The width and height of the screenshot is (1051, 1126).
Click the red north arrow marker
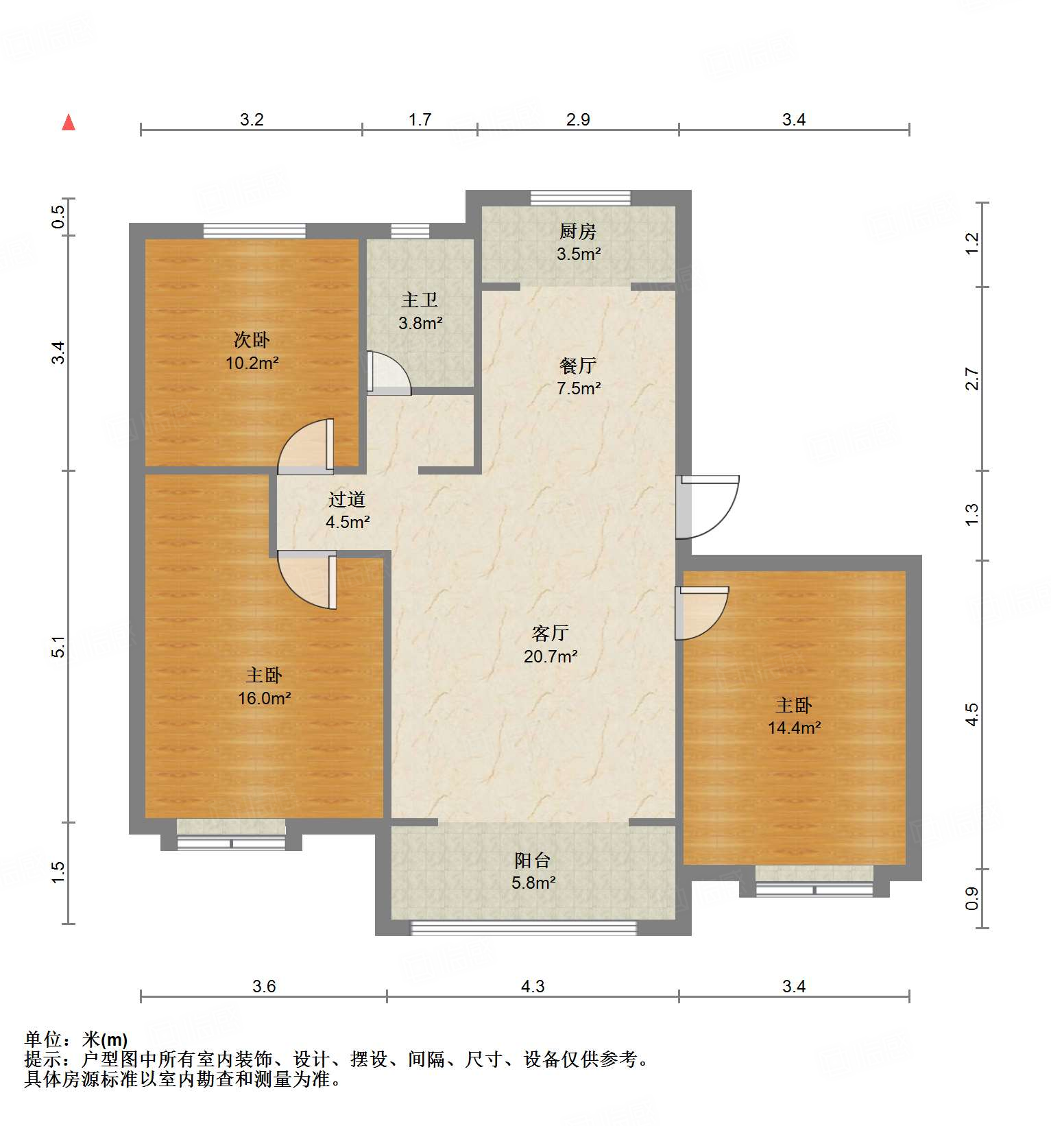pos(69,123)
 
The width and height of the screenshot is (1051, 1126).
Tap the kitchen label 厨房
pos(578,232)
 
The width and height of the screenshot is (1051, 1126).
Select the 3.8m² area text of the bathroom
pos(420,323)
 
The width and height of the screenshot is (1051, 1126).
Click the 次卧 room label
pos(252,339)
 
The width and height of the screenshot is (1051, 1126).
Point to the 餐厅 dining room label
pos(578,365)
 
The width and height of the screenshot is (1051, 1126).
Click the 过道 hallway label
pos(347,499)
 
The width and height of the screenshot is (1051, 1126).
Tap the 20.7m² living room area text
pos(551,656)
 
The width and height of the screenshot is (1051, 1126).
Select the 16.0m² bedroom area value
pos(265,698)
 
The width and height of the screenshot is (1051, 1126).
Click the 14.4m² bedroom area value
pos(794,728)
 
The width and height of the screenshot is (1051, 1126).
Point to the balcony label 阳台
pos(533,860)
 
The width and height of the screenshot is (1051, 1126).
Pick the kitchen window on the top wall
pos(580,197)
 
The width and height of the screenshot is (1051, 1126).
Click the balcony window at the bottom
pos(523,928)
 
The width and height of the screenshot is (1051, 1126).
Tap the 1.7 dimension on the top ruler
pos(420,119)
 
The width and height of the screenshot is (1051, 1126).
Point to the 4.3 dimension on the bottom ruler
pos(533,986)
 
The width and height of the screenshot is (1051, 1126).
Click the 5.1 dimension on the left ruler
pos(59,647)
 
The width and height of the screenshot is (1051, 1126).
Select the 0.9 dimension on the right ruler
pos(971,898)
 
